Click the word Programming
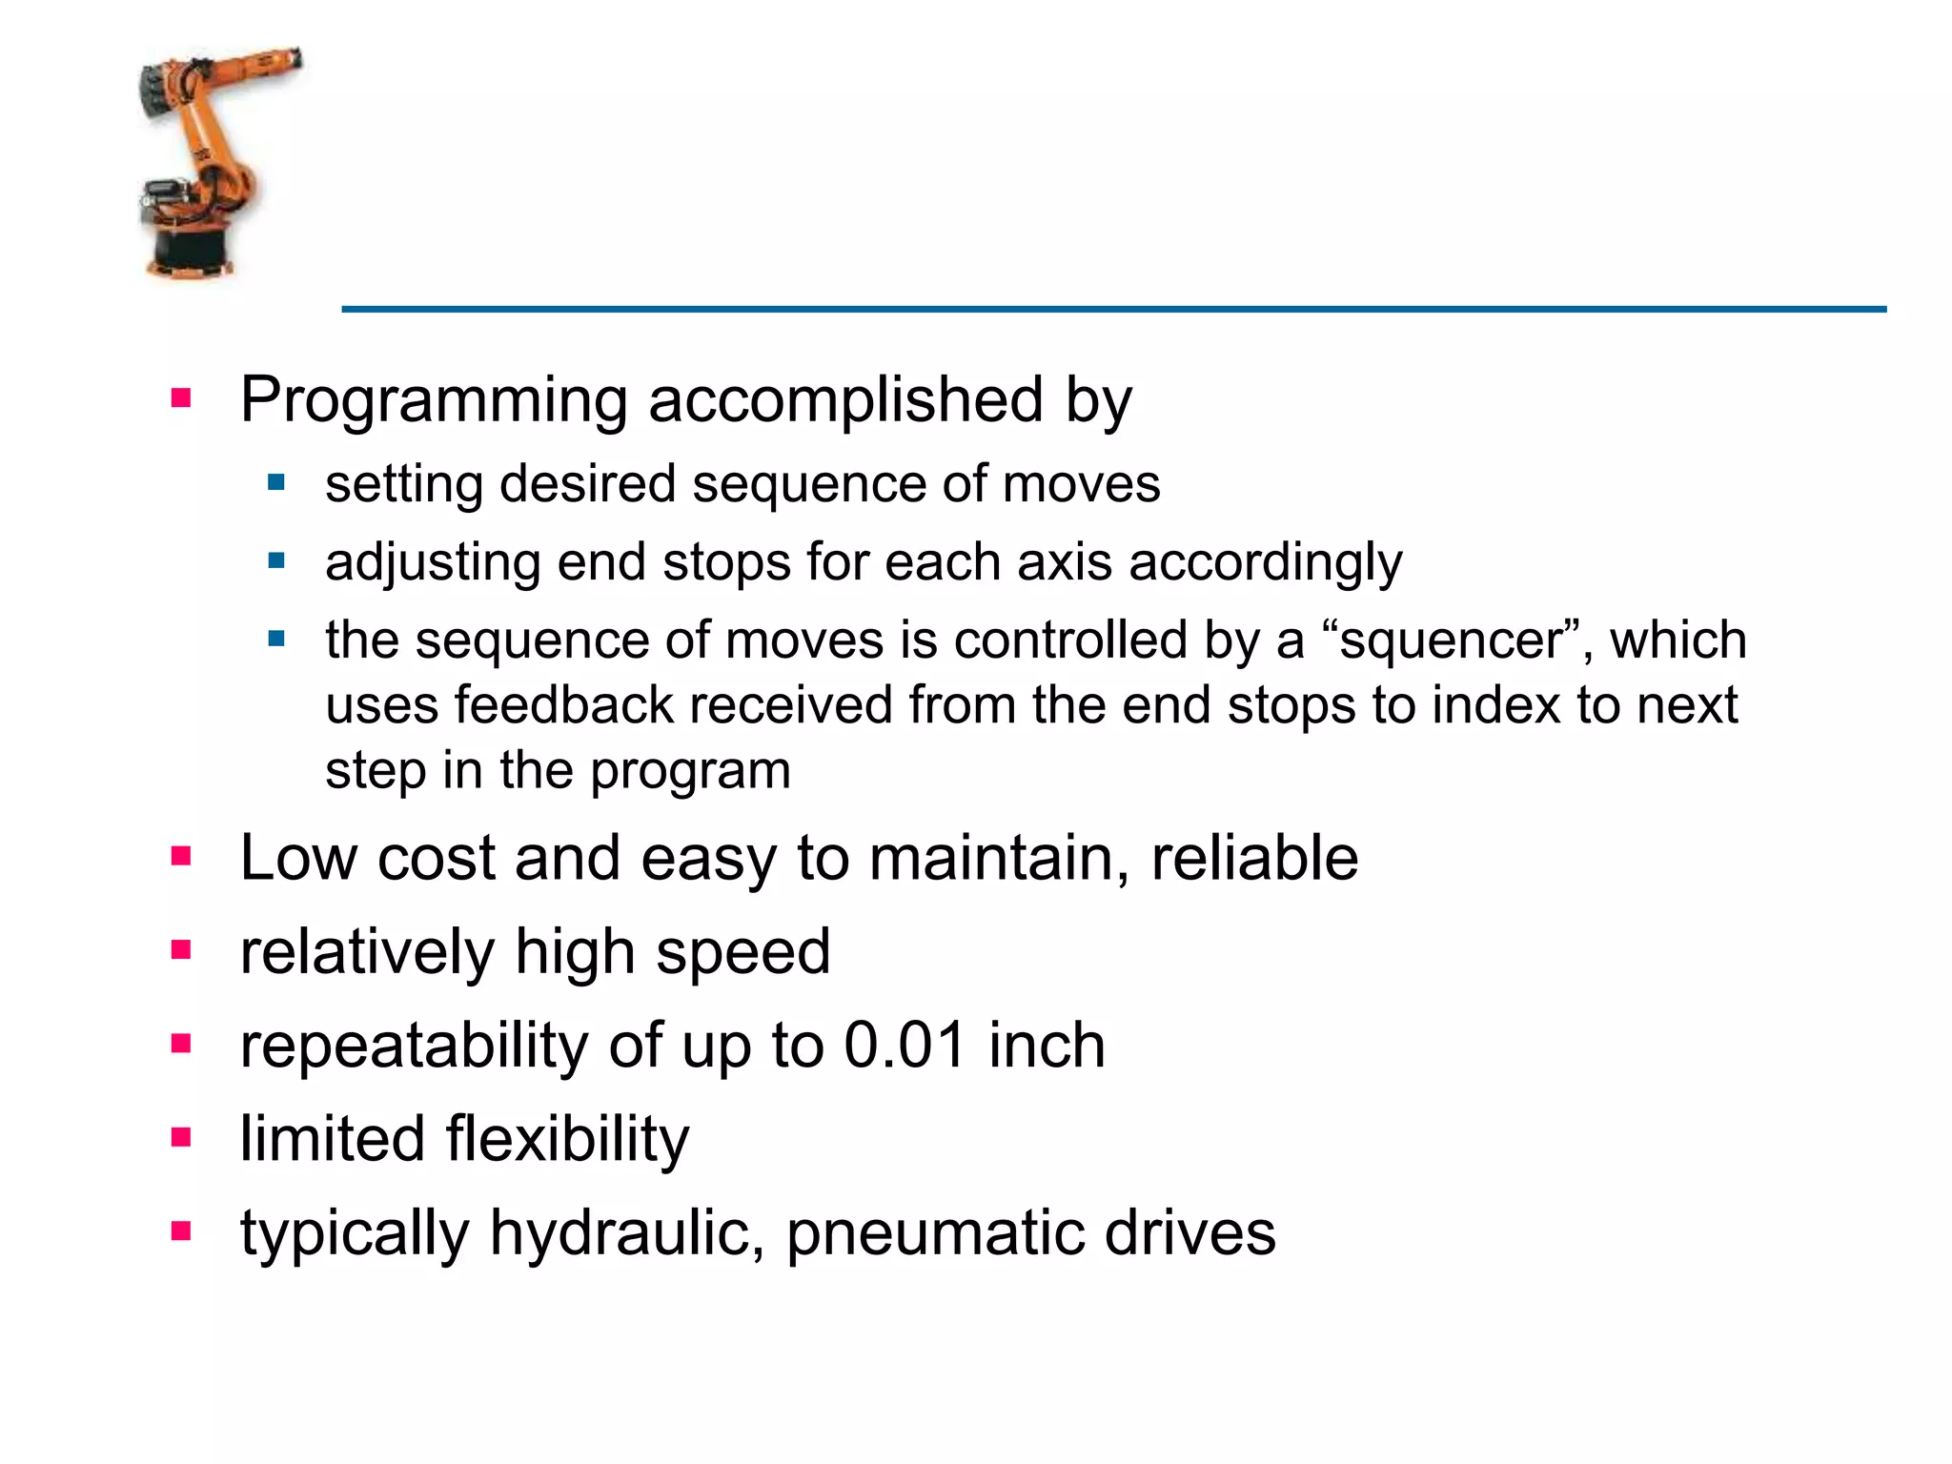tap(434, 400)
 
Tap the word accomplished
tap(845, 400)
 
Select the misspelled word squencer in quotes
tap(1451, 640)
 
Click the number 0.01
tap(905, 1046)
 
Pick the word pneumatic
tap(934, 1233)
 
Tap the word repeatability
tap(415, 1046)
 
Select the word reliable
tap(1254, 858)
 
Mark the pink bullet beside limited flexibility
tap(181, 1137)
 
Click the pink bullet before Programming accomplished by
tap(181, 397)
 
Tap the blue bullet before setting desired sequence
tap(276, 482)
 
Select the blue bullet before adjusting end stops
tap(276, 560)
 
